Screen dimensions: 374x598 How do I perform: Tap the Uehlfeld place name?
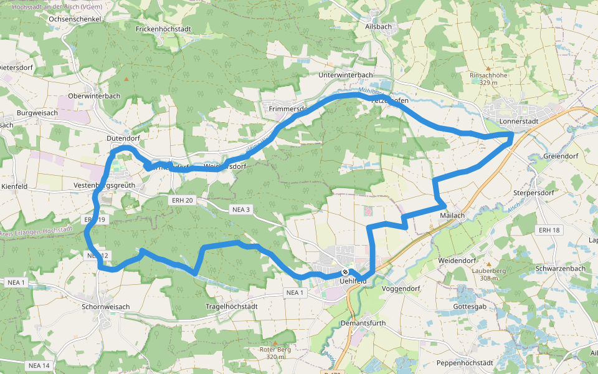click(x=354, y=281)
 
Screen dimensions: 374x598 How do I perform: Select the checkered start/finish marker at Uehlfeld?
click(x=344, y=272)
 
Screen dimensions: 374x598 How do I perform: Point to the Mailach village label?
click(x=452, y=215)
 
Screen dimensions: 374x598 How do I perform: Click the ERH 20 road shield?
click(x=181, y=200)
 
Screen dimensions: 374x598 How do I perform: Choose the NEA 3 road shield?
click(x=240, y=209)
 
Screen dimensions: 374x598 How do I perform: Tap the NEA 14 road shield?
click(x=38, y=365)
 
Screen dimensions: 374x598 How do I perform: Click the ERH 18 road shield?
click(x=549, y=230)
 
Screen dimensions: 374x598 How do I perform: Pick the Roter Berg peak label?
click(x=275, y=350)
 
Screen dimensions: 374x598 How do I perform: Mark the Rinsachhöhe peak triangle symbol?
click(x=488, y=69)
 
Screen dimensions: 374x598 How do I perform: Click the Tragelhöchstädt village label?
click(x=232, y=307)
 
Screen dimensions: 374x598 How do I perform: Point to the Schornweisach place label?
click(x=106, y=307)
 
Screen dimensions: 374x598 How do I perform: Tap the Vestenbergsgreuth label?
click(x=104, y=186)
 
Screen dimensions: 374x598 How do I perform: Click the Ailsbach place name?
click(x=378, y=27)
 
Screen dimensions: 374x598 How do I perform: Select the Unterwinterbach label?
click(x=345, y=75)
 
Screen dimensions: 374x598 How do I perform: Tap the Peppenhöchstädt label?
click(x=465, y=363)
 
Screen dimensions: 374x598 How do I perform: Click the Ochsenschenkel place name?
click(x=75, y=19)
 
